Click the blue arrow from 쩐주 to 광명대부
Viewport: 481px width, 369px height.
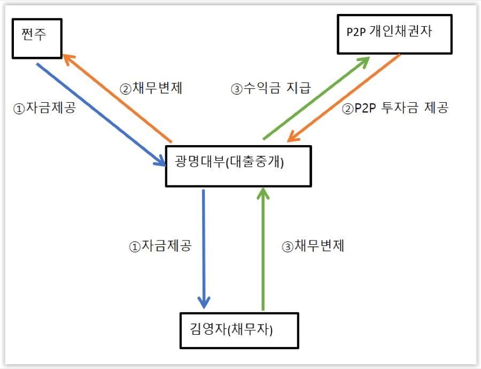click(101, 115)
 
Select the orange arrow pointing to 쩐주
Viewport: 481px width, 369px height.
click(117, 99)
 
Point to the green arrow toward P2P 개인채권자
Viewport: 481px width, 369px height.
click(316, 98)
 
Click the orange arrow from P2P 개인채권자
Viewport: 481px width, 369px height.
click(344, 98)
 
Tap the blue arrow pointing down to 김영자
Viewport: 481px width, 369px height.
click(204, 249)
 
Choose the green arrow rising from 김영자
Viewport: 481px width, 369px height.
click(263, 248)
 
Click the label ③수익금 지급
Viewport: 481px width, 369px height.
click(271, 88)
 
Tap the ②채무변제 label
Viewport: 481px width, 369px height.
click(151, 88)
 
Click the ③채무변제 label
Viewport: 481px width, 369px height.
click(313, 246)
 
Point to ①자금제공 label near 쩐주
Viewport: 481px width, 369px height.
click(44, 108)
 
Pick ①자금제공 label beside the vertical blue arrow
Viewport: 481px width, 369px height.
click(160, 246)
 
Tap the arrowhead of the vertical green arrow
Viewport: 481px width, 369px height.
click(263, 193)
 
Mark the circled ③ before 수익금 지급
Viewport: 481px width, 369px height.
click(237, 89)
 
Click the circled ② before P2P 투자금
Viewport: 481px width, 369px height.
click(348, 109)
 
